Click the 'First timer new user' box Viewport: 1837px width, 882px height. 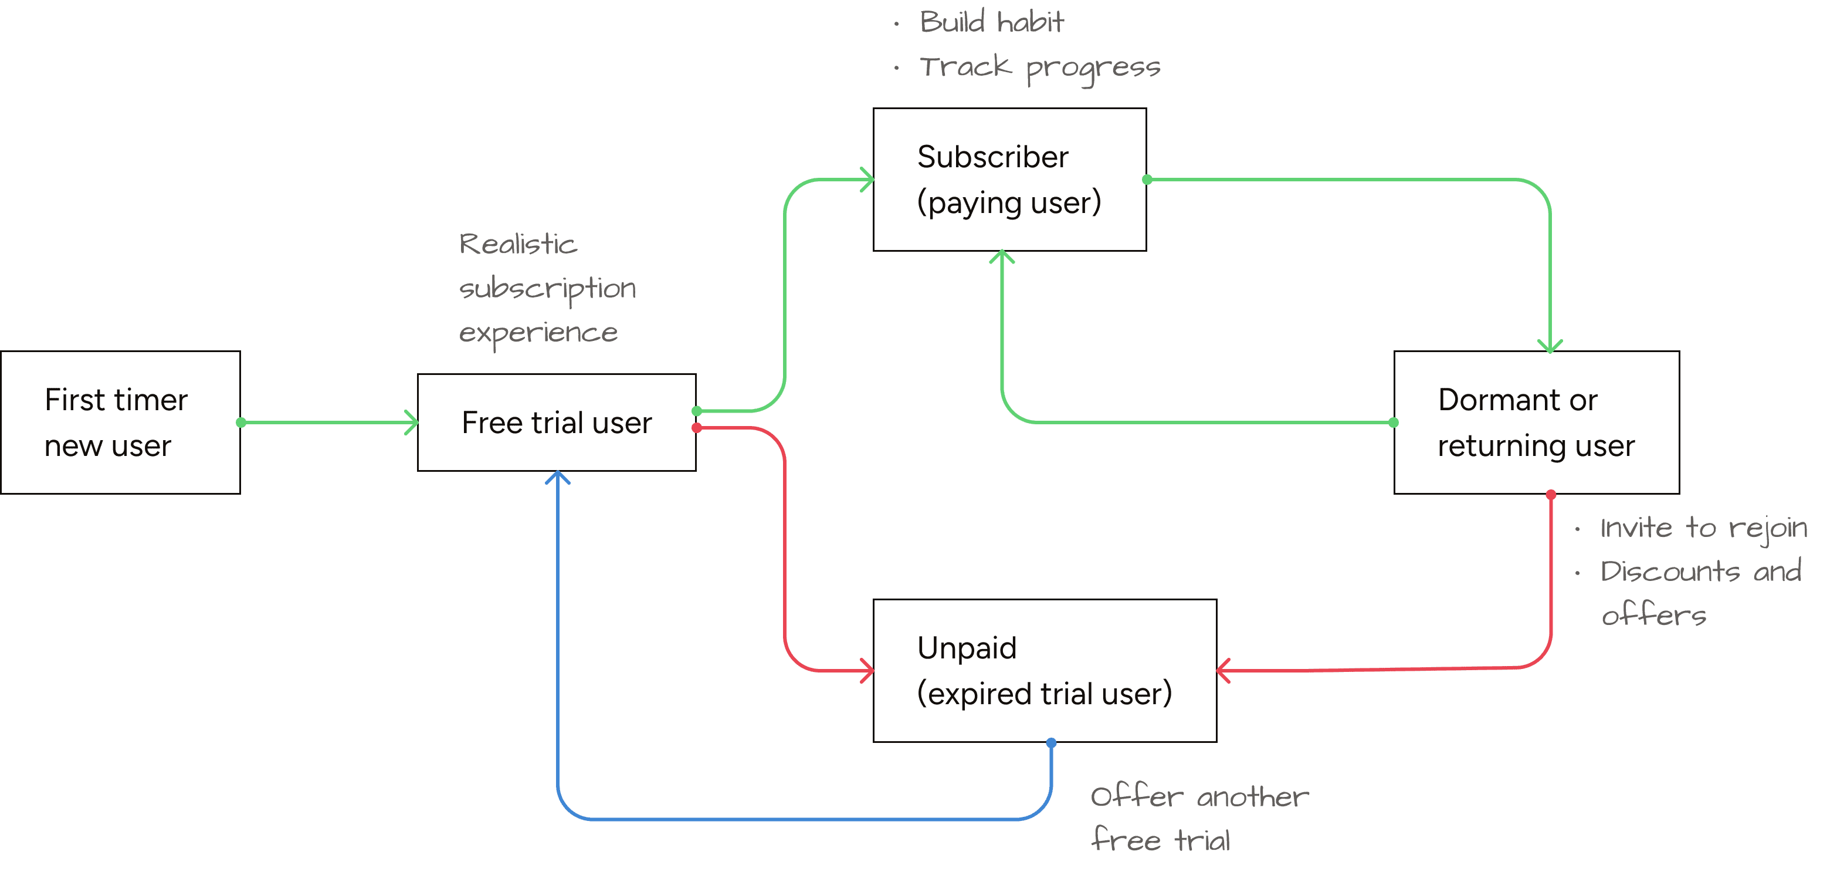(120, 423)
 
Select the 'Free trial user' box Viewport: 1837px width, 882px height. (556, 423)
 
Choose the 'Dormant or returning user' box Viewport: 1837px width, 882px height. (1536, 423)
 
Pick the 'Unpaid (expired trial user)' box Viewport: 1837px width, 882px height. (1044, 671)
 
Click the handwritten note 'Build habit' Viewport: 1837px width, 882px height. (991, 22)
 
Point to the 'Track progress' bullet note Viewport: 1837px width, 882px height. (1039, 69)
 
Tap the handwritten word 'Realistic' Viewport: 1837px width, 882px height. (518, 245)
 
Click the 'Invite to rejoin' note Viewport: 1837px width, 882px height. (1703, 529)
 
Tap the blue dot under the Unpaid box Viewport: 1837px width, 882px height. (1051, 743)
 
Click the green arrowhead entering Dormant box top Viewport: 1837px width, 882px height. (1550, 347)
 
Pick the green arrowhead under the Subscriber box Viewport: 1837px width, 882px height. (1002, 255)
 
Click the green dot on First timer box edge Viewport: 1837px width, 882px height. (241, 423)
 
